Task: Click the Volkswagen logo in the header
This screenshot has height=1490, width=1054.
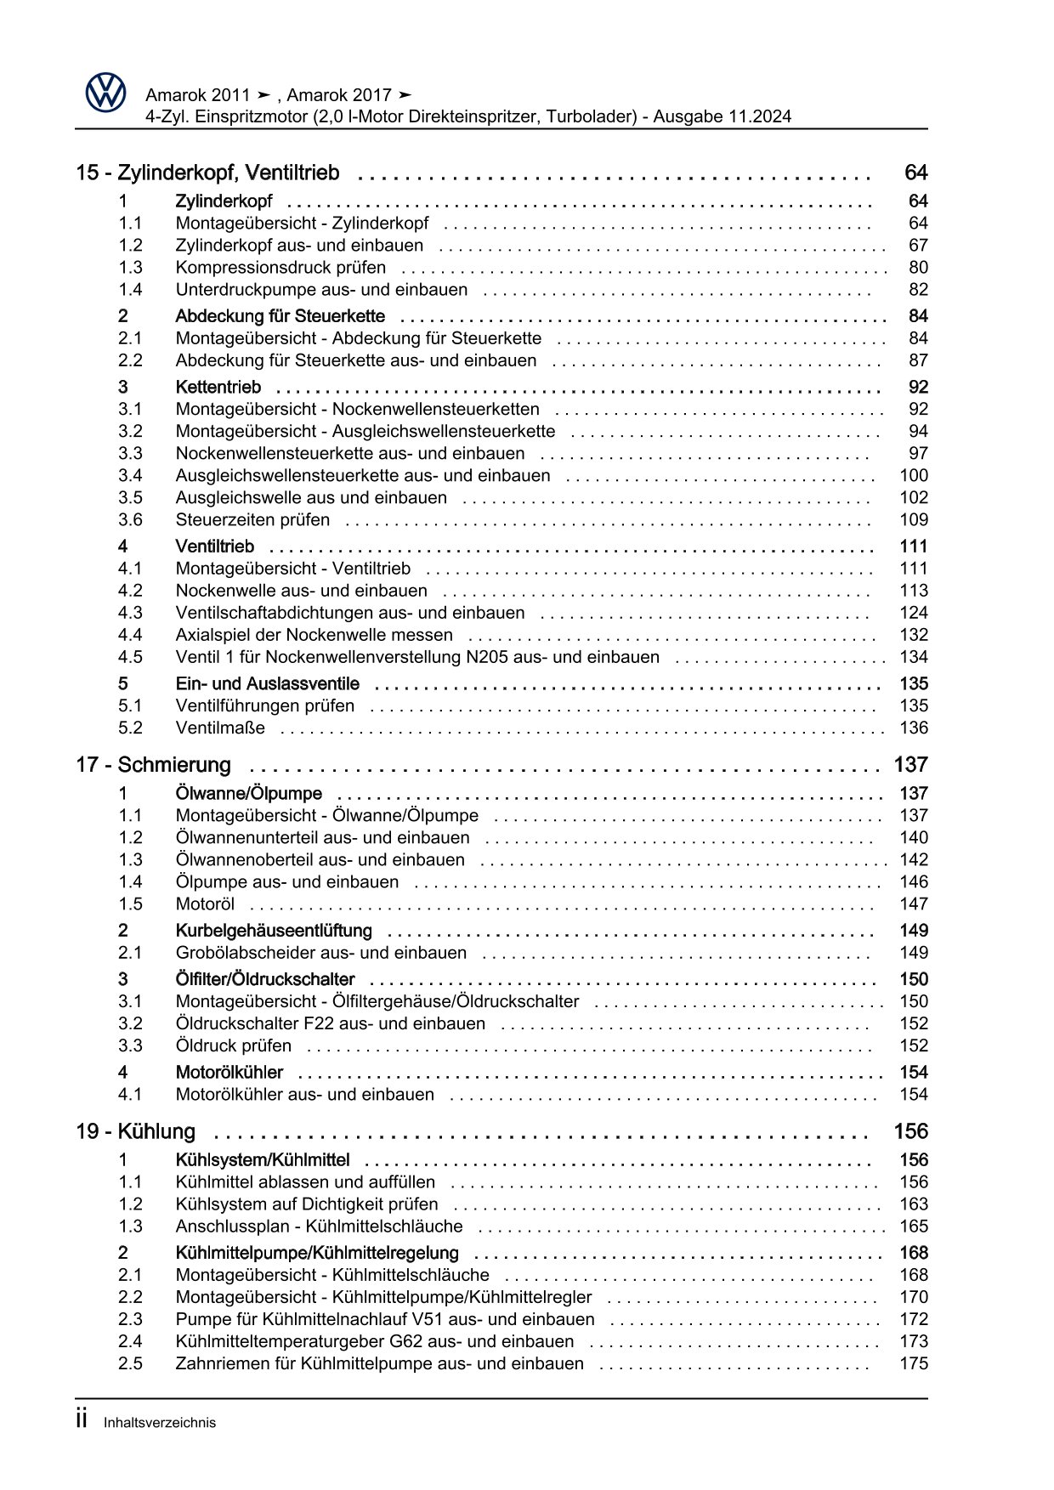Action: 105,93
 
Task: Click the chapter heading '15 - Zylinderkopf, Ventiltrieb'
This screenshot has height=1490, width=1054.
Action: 207,173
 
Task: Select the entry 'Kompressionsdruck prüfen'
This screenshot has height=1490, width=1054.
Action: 280,268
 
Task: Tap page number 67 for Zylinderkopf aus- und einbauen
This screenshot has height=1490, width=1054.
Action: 918,246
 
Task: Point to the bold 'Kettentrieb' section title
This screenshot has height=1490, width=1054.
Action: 218,388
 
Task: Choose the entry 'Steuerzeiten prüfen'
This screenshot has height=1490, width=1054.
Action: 252,520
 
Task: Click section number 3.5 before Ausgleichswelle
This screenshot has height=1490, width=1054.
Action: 130,498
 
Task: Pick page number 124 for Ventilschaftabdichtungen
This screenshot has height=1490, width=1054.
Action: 914,613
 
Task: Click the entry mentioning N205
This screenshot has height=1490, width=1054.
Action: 417,657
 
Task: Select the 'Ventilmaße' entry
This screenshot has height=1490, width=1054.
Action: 220,728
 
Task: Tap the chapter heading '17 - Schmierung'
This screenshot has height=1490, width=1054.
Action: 153,765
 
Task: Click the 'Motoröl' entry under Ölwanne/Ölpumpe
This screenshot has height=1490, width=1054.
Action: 205,904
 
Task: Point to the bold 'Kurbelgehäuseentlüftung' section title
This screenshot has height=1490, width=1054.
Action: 274,931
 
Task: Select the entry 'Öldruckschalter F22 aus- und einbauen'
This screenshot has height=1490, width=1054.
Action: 331,1024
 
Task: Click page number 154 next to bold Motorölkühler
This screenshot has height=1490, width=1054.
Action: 914,1073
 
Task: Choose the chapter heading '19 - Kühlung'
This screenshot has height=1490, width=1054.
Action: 136,1132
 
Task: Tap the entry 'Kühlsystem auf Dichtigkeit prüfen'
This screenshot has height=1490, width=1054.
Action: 307,1204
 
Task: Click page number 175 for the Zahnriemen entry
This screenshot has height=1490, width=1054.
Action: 914,1364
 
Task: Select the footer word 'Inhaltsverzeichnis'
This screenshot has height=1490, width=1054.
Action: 160,1423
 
